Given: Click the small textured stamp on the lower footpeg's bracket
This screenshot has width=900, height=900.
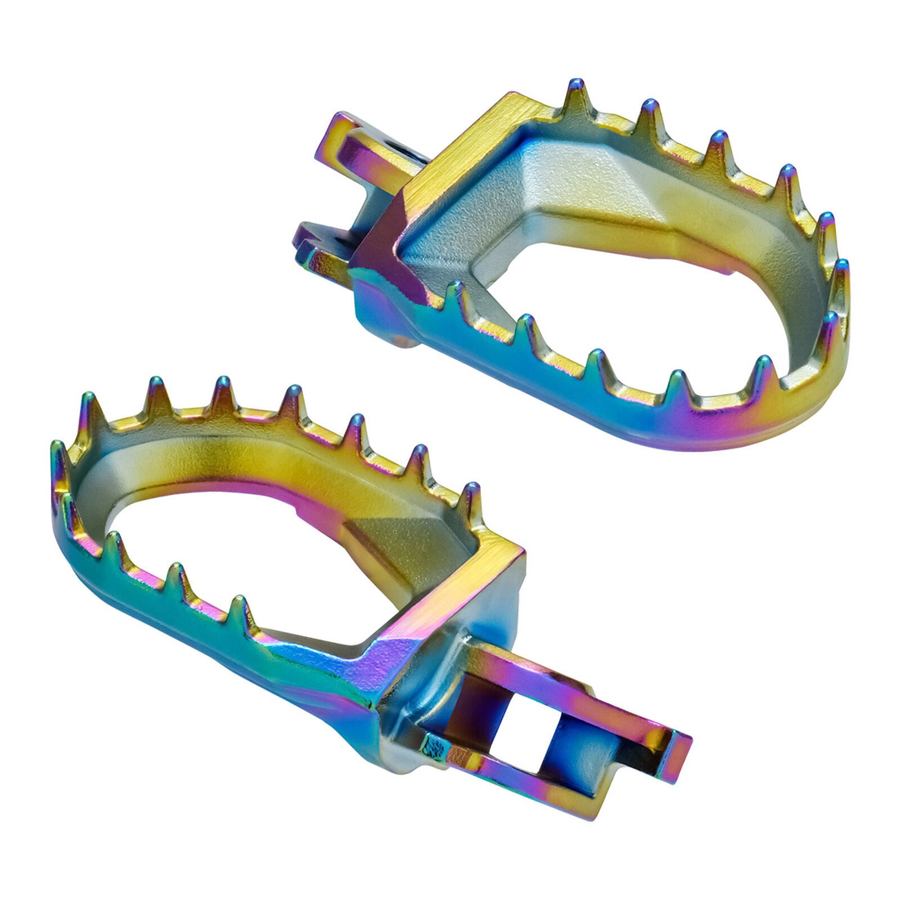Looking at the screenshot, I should [x=436, y=748].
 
